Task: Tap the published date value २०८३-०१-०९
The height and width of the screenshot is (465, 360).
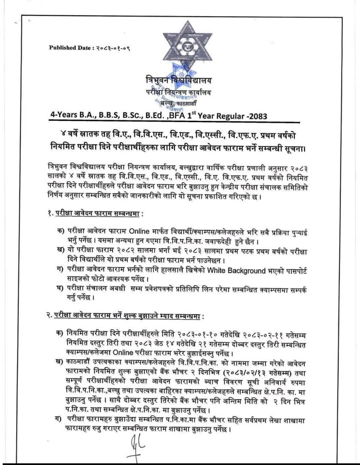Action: (x=110, y=47)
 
